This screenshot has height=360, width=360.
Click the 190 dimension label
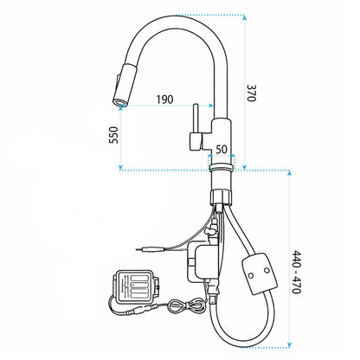tap(165, 100)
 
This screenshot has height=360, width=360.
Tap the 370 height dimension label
tap(252, 93)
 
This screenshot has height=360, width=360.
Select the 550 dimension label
tap(113, 135)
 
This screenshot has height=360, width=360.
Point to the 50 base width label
tap(222, 150)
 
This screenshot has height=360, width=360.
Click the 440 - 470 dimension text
tap(297, 273)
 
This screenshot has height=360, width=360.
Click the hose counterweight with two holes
tap(260, 274)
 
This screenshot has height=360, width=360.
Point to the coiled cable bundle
tap(186, 305)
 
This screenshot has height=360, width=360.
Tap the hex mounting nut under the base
tap(221, 196)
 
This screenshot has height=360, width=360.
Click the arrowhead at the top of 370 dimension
tap(245, 17)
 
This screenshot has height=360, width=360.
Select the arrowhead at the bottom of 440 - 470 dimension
tap(290, 344)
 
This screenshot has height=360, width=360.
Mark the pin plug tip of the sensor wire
tap(138, 249)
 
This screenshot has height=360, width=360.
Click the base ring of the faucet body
tap(221, 167)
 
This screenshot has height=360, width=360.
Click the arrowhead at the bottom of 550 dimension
tap(121, 167)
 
